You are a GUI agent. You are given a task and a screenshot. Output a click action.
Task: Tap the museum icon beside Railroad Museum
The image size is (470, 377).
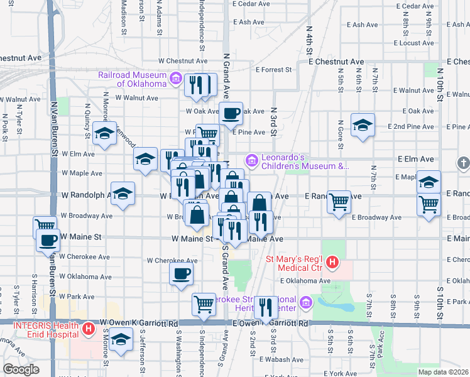point(176,79)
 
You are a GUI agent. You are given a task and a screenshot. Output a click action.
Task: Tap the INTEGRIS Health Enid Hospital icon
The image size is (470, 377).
point(89,327)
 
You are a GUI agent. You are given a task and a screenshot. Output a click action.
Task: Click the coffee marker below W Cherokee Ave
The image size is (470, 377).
point(182,274)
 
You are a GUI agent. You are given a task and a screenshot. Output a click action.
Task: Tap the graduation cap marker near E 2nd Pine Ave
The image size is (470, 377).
point(363,125)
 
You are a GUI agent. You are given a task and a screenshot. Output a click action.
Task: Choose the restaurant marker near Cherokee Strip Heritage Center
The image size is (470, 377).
point(266,307)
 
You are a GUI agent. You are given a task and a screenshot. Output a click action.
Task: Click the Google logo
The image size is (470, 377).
point(21,369)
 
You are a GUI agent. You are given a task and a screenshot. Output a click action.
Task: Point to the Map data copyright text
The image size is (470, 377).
point(443,372)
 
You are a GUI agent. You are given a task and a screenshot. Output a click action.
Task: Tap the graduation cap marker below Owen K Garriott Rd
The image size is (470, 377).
point(119,341)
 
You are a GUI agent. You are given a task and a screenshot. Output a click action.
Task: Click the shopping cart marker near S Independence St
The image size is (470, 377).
point(204,305)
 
